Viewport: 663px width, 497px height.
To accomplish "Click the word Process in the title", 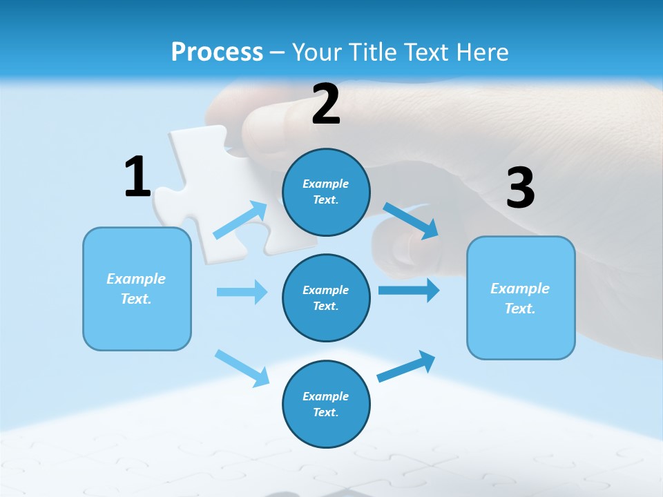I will click(217, 52).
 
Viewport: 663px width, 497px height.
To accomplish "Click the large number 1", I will click(137, 177).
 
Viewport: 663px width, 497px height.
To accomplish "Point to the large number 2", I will click(326, 104).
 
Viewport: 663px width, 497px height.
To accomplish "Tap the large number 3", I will click(520, 188).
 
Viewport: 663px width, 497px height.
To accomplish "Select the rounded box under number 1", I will click(137, 289).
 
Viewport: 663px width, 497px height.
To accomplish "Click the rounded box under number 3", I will click(521, 298).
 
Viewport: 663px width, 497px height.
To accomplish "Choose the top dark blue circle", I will click(326, 192).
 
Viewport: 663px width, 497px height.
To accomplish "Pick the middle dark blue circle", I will click(326, 298).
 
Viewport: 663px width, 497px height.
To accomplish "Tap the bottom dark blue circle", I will click(326, 404).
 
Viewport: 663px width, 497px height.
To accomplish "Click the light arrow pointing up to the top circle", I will click(241, 220).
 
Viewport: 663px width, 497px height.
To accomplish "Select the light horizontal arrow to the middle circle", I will click(242, 292).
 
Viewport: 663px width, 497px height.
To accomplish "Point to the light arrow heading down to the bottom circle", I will click(242, 367).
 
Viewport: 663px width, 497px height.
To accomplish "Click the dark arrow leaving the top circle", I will click(410, 220).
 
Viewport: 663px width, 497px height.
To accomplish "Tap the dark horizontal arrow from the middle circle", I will click(409, 290).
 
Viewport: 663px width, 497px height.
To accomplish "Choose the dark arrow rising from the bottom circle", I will click(407, 366).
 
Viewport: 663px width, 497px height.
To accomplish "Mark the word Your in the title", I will click(317, 52).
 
